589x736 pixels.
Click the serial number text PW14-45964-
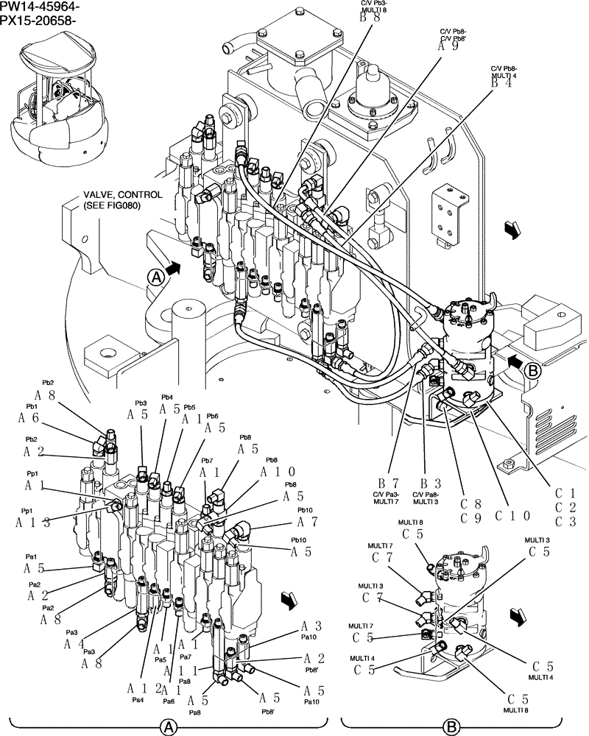40,7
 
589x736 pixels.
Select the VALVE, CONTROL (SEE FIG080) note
111,200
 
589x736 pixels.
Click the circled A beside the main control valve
155,277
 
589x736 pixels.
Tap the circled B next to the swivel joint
534,372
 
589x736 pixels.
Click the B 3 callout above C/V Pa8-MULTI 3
426,483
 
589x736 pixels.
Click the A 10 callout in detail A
278,472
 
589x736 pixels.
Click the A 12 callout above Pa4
144,688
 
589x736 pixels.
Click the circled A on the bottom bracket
169,727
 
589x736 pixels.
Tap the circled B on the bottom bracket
450,727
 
